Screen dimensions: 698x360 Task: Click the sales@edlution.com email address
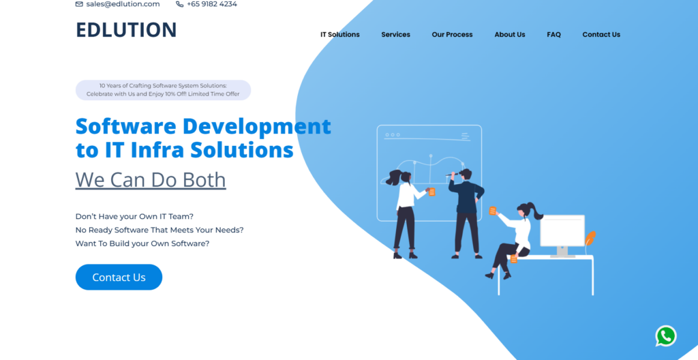[123, 4]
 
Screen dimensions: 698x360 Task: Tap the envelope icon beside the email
[79, 4]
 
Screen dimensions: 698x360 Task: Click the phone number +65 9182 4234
[212, 4]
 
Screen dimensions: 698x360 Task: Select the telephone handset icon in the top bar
[180, 4]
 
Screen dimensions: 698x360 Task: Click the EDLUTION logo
[126, 30]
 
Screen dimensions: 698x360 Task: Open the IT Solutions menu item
[340, 34]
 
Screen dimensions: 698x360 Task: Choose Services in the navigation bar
[396, 34]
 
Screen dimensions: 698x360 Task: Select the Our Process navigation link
[453, 34]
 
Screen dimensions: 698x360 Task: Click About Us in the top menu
[510, 34]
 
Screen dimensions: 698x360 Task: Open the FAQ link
[553, 34]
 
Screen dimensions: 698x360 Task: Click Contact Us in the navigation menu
[601, 34]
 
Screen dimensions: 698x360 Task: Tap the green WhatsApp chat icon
[666, 336]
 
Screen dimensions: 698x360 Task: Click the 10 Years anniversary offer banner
[164, 90]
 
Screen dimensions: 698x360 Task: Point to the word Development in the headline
[257, 127]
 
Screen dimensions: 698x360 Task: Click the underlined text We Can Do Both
[151, 179]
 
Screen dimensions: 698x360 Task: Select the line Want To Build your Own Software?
[142, 243]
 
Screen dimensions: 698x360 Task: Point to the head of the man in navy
[465, 174]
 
